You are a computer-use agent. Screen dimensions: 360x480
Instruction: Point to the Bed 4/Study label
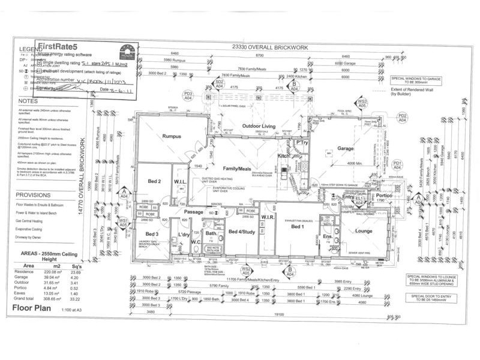241,231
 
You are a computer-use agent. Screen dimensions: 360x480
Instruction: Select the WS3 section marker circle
362,103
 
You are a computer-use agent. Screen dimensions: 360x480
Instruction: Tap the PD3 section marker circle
188,94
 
